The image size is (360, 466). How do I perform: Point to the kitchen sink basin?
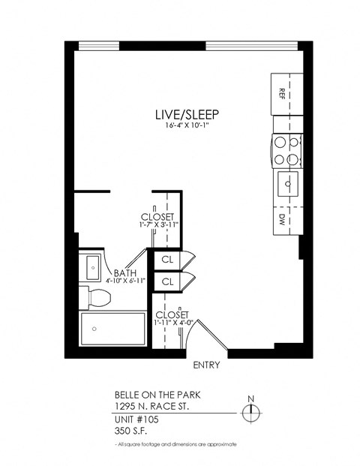[286, 182]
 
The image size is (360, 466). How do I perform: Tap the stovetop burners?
[286, 149]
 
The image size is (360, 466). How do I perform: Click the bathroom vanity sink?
[93, 266]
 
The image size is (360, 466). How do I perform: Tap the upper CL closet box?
[168, 259]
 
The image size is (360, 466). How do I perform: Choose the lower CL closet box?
[168, 282]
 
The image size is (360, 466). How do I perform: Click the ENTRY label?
[205, 365]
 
